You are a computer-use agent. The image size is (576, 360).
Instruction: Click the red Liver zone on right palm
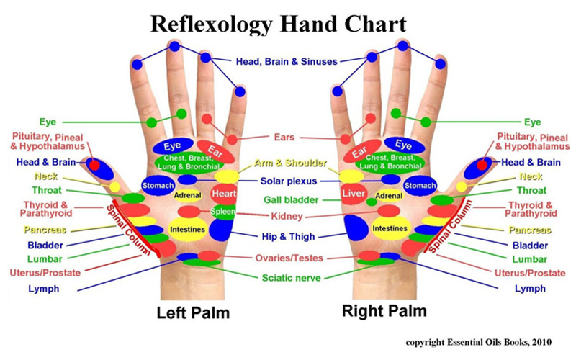click(x=354, y=195)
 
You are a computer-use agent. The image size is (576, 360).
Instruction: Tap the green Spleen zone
click(x=222, y=212)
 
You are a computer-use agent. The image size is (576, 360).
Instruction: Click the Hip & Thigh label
click(x=287, y=236)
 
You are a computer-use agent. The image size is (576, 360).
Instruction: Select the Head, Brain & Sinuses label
click(x=287, y=62)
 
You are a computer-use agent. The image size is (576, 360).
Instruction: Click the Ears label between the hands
click(x=284, y=137)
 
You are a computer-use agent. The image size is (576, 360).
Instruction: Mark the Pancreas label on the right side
click(x=531, y=230)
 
